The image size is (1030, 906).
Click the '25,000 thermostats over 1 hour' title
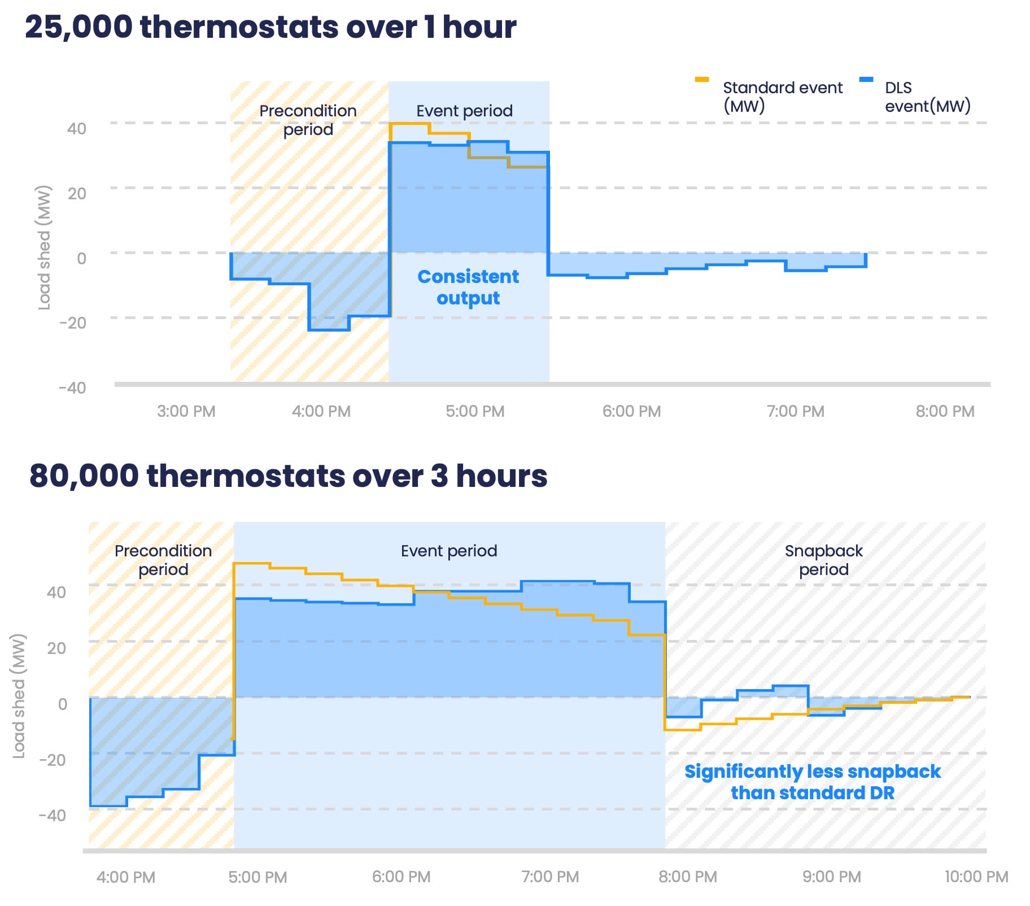click(x=270, y=27)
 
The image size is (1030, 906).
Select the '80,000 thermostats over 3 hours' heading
click(x=288, y=476)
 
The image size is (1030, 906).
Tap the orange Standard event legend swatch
click(x=701, y=80)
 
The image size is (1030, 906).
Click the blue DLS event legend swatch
click(x=866, y=80)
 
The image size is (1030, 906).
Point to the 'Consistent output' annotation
click(x=468, y=287)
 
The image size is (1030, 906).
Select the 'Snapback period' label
click(x=823, y=560)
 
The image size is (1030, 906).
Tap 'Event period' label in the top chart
click(x=464, y=111)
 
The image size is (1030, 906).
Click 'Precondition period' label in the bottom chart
click(x=163, y=560)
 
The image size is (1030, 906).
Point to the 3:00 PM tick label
click(x=186, y=411)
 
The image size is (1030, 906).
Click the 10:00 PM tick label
click(x=976, y=877)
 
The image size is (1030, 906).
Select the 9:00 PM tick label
click(x=831, y=877)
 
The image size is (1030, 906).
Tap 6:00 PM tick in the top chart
click(x=631, y=411)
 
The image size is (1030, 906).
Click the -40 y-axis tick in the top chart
click(x=72, y=387)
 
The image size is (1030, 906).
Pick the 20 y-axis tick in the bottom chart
click(x=56, y=648)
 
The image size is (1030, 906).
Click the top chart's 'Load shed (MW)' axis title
click(x=44, y=247)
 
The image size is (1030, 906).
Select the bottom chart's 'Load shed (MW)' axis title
click(x=19, y=695)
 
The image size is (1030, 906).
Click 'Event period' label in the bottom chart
click(x=449, y=551)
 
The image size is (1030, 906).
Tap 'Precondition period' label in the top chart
click(x=308, y=120)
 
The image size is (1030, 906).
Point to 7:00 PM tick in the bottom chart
click(x=550, y=877)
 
